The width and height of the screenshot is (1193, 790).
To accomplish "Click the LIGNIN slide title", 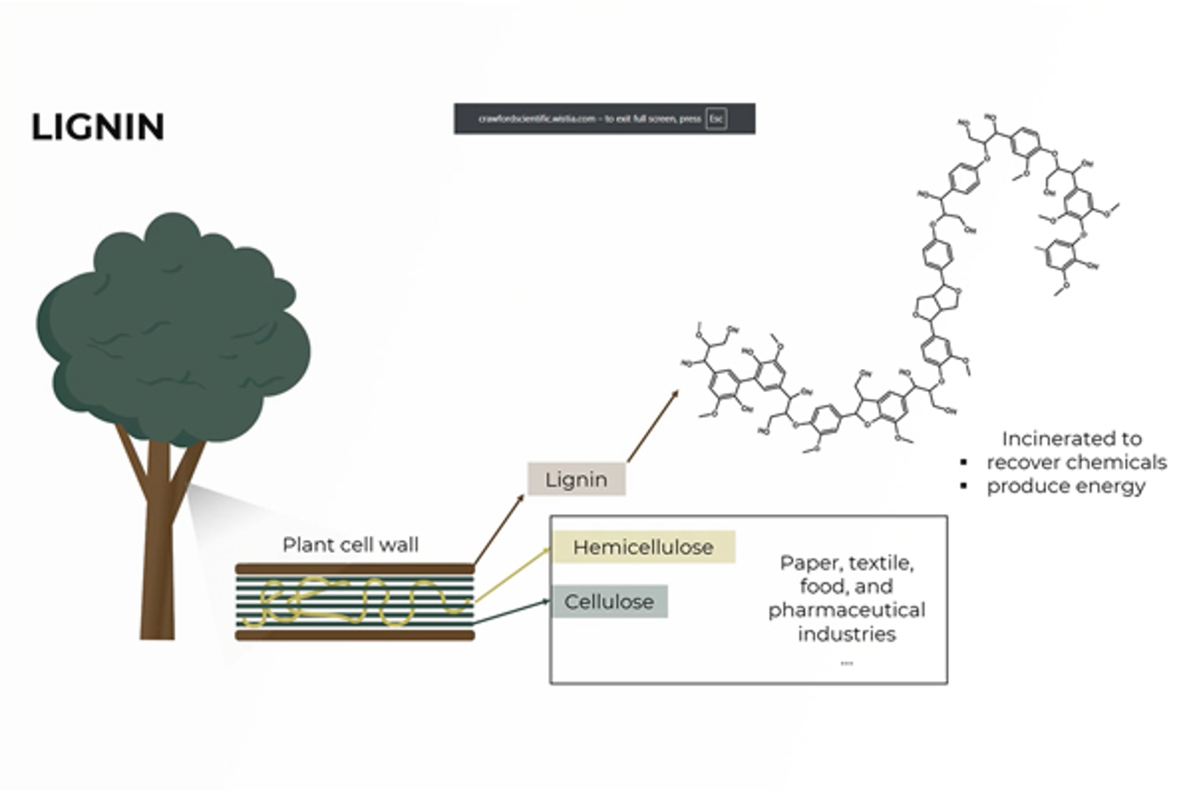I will [98, 127].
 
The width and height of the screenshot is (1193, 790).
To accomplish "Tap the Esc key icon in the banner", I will [716, 118].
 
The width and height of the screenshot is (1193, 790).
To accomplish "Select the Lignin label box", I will [576, 479].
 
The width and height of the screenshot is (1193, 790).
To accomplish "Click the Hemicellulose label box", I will [643, 547].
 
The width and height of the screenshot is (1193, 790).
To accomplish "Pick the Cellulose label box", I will [609, 601].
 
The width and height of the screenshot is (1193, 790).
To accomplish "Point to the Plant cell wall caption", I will [350, 545].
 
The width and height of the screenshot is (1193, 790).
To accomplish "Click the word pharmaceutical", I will [846, 610].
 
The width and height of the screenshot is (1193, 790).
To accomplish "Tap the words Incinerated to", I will [1071, 438].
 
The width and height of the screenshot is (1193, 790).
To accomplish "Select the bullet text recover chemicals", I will [1076, 462].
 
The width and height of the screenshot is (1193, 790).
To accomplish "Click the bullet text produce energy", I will [1065, 486].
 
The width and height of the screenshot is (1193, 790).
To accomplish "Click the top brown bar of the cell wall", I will [355, 569].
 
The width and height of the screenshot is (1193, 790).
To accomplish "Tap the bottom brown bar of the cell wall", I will [355, 636].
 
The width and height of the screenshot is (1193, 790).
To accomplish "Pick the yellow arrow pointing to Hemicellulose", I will [513, 575].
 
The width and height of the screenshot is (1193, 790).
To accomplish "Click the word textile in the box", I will [885, 563].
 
